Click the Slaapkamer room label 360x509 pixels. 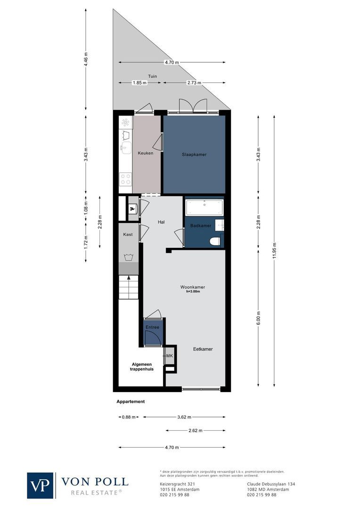pyautogui.click(x=194, y=155)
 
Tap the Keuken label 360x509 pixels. pyautogui.click(x=145, y=153)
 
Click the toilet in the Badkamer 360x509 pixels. pyautogui.click(x=215, y=241)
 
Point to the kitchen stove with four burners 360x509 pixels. pyautogui.click(x=125, y=179)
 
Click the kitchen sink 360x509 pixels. pyautogui.click(x=125, y=148)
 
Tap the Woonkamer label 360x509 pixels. pyautogui.click(x=192, y=287)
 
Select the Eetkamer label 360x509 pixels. pyautogui.click(x=203, y=349)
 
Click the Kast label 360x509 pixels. pyautogui.click(x=128, y=234)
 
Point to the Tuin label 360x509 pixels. pyautogui.click(x=152, y=76)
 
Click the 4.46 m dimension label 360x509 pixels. pyautogui.click(x=86, y=58)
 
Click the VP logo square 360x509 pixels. pyautogui.click(x=41, y=485)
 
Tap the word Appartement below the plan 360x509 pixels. pyautogui.click(x=131, y=402)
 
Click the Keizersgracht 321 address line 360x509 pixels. pyautogui.click(x=175, y=484)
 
